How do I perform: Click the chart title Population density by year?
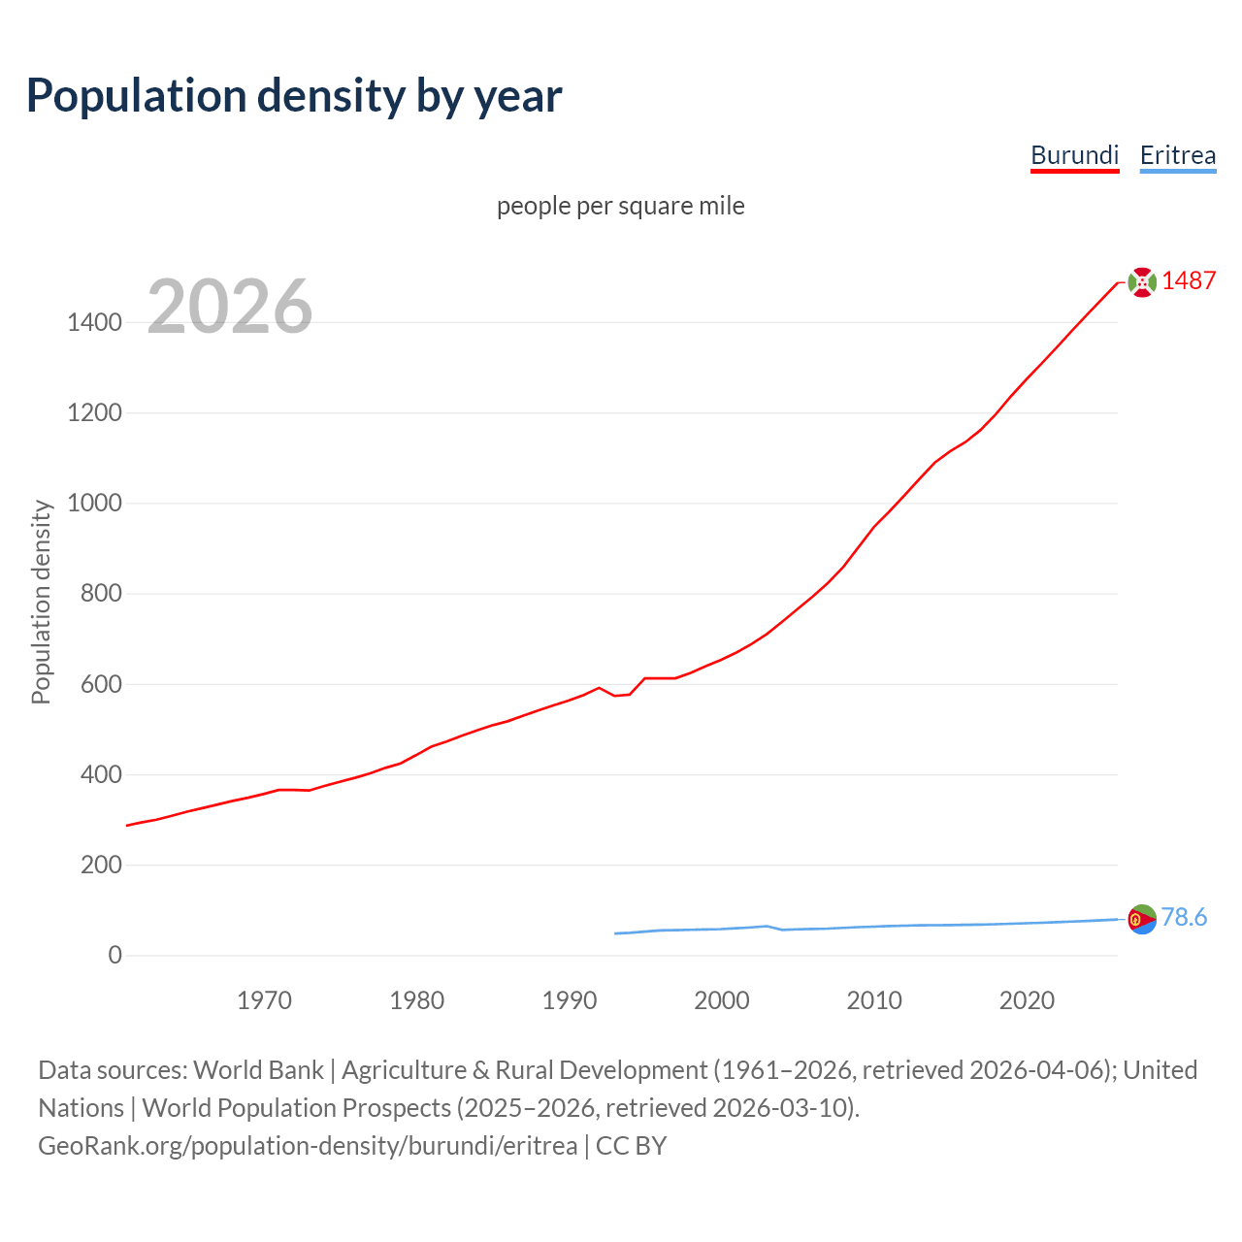pos(294,96)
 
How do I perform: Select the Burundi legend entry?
pos(1074,155)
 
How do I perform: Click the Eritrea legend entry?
pos(1177,155)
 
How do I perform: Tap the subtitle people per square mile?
pos(620,206)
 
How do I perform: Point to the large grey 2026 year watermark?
pos(230,307)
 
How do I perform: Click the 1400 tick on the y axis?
pos(94,322)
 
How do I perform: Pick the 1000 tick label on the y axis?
pos(94,503)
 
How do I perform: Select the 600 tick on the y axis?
pos(101,684)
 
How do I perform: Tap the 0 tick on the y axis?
pos(115,955)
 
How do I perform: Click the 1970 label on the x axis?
pos(264,1000)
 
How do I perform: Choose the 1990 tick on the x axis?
pos(570,1000)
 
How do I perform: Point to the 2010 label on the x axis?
pos(874,1000)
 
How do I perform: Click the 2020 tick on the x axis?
pos(1027,1000)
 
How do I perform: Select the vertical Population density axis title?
pos(41,602)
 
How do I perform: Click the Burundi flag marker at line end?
pos(1142,282)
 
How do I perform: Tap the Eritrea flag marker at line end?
pos(1142,919)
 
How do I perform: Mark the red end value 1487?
pos(1189,280)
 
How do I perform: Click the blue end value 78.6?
pos(1184,917)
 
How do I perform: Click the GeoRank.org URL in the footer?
pos(308,1146)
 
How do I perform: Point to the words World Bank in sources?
pos(258,1070)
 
